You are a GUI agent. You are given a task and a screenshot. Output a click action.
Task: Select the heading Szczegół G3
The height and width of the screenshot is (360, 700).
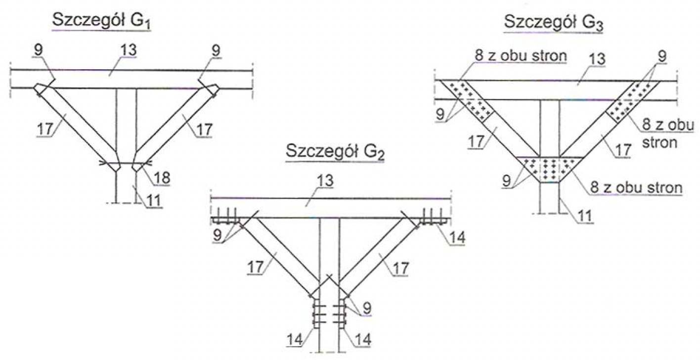[x=554, y=22]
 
